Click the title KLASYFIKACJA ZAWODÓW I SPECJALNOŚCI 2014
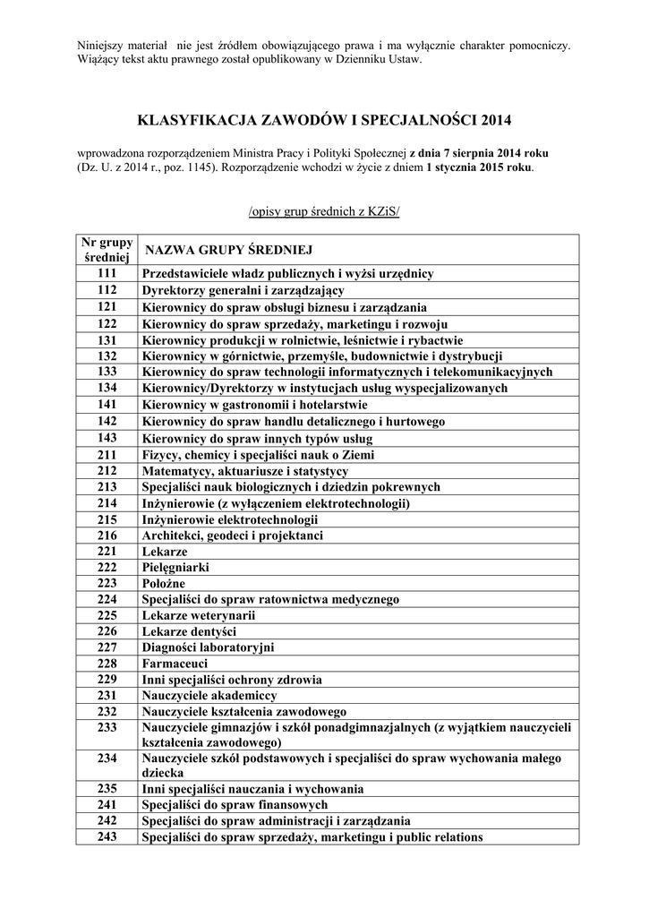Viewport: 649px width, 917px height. click(x=324, y=119)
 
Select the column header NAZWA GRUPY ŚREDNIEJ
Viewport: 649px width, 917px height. click(x=228, y=249)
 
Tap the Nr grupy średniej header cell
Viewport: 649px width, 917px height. click(x=107, y=250)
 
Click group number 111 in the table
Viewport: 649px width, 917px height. click(x=107, y=273)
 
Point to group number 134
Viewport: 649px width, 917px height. click(x=107, y=388)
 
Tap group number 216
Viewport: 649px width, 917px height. click(x=107, y=536)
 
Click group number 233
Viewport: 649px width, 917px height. click(x=107, y=726)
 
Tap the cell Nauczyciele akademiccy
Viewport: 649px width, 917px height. click(x=209, y=695)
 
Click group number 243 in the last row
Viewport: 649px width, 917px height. click(x=107, y=837)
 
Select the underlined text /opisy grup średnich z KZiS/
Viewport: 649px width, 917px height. click(x=324, y=210)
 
